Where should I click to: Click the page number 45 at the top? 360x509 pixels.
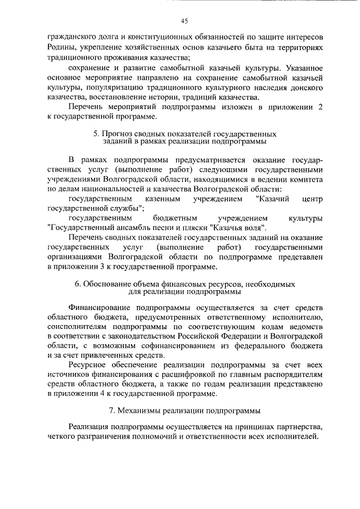[184, 21]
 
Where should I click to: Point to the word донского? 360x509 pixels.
[306, 88]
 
